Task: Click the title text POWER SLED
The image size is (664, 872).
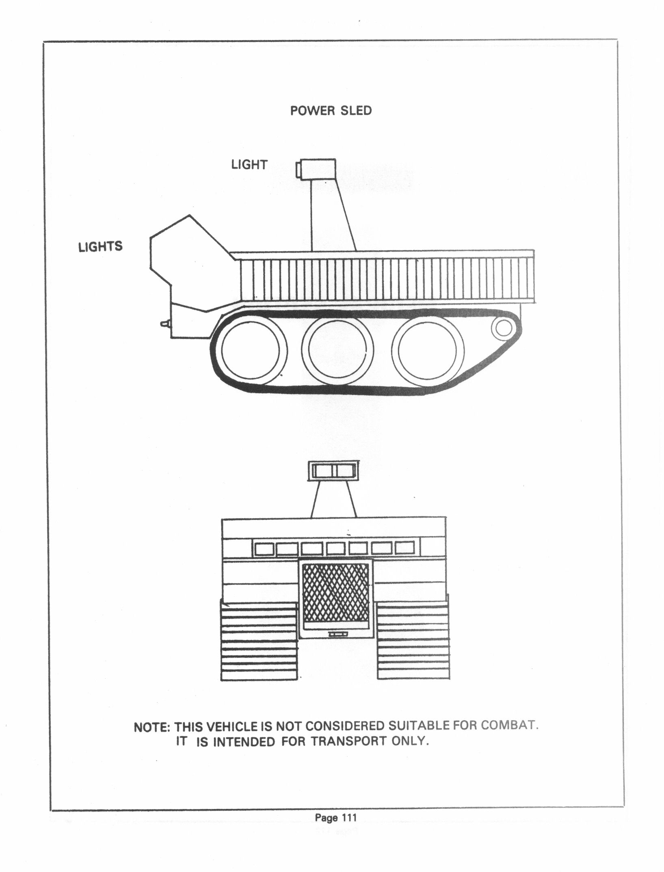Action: [331, 111]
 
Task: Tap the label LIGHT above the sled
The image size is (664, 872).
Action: [249, 165]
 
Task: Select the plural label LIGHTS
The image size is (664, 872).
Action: [100, 246]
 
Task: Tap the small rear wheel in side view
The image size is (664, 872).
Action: [504, 327]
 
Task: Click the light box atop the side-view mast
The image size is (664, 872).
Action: [317, 168]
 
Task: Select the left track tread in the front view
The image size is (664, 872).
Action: [258, 646]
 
